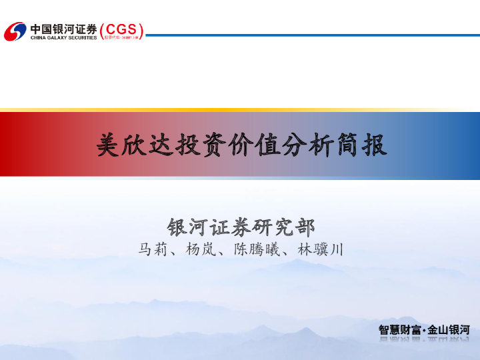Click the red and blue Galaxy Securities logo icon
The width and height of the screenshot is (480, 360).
(15, 31)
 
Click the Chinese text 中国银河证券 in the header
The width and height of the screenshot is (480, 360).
(63, 28)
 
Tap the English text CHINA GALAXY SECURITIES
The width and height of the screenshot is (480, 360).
(63, 38)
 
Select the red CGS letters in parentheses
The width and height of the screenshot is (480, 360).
(121, 29)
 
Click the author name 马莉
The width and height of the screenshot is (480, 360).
(151, 250)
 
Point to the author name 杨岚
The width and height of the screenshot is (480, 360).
(199, 250)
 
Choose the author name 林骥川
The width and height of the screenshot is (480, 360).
(319, 250)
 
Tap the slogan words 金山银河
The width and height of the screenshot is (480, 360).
(449, 329)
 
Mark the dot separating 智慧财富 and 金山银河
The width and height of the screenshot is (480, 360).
(424, 330)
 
